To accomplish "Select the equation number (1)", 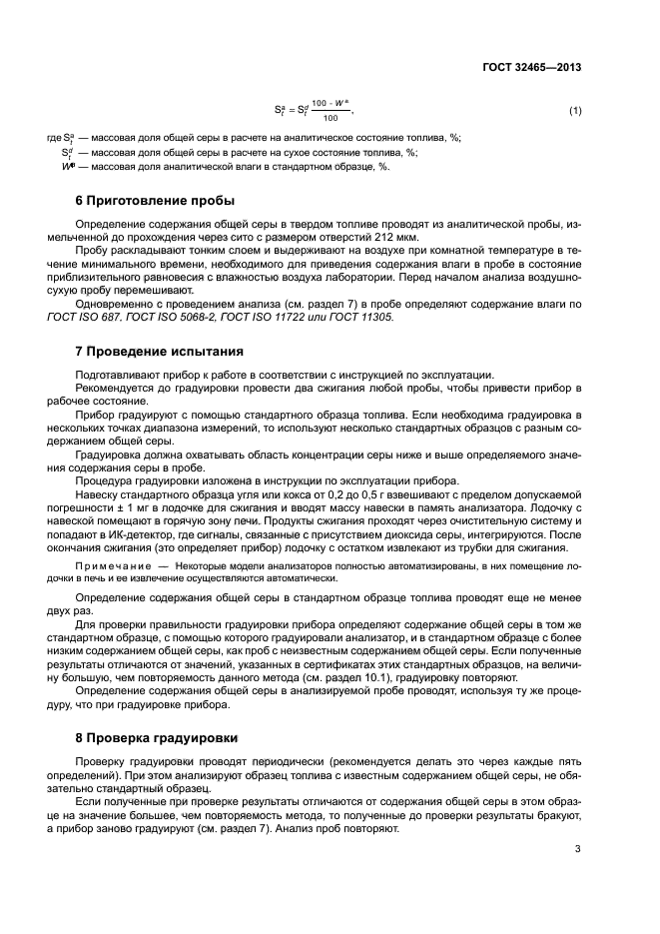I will click(575, 110).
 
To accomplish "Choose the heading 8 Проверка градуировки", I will click(157, 738).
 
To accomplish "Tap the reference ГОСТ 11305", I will click(358, 317).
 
